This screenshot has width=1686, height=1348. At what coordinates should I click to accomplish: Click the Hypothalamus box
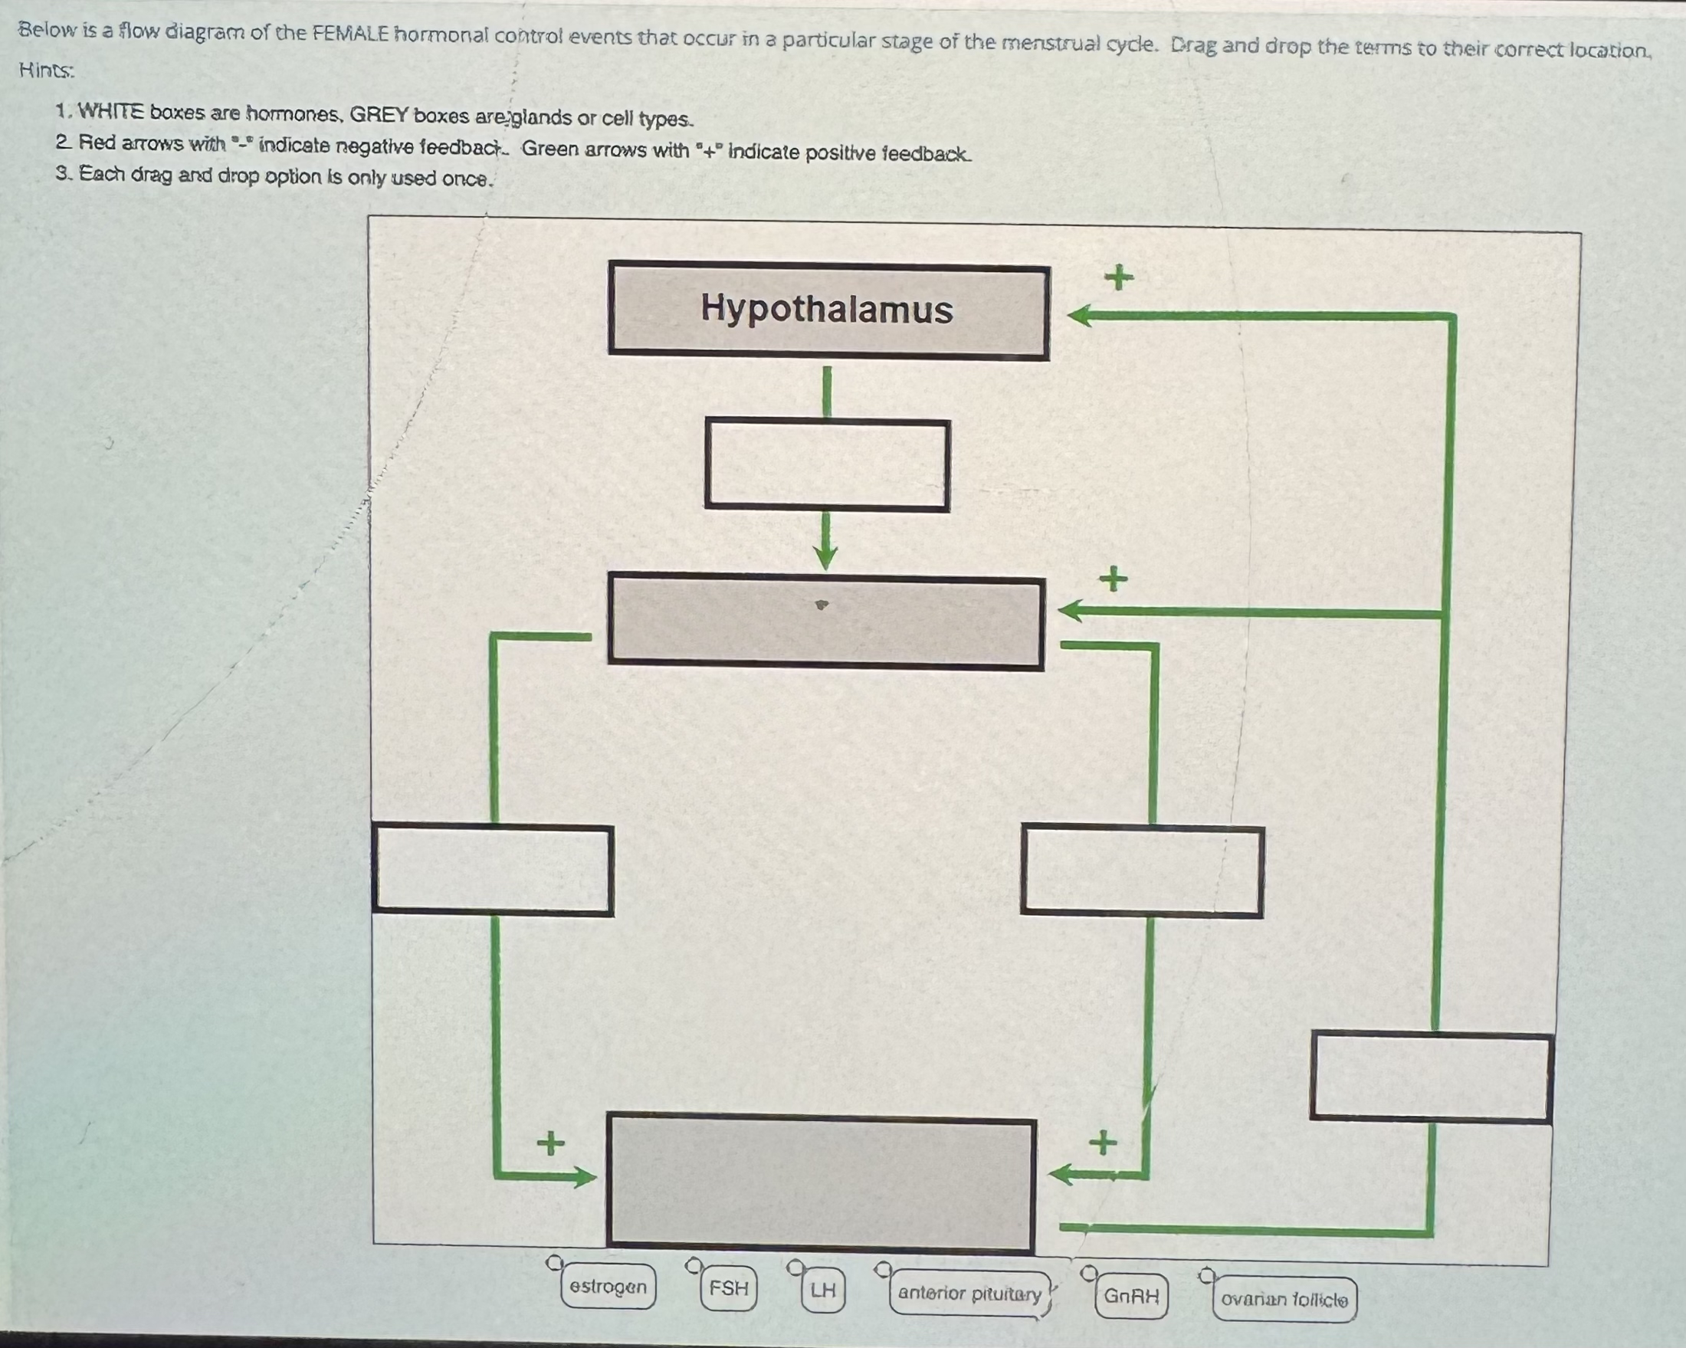pyautogui.click(x=828, y=310)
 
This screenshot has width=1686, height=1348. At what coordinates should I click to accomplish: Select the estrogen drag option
pyautogui.click(x=608, y=1286)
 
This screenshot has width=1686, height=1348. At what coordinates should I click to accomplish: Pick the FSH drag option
pyautogui.click(x=728, y=1287)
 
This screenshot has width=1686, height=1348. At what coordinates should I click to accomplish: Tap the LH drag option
pyautogui.click(x=822, y=1289)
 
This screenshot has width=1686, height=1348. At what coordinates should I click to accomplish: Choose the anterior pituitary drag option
pyautogui.click(x=969, y=1294)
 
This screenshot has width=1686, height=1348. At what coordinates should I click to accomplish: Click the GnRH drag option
pyautogui.click(x=1131, y=1297)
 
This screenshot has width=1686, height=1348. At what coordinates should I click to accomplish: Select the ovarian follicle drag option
pyautogui.click(x=1284, y=1300)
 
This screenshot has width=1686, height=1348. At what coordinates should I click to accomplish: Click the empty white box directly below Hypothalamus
pyautogui.click(x=828, y=465)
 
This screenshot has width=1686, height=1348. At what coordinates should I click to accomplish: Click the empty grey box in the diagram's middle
pyautogui.click(x=826, y=622)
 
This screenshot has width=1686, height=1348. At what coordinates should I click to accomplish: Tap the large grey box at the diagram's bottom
pyautogui.click(x=821, y=1184)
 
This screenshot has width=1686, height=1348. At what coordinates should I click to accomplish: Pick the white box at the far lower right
pyautogui.click(x=1430, y=1077)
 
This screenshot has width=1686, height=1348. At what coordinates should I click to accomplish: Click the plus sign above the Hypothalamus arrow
pyautogui.click(x=1119, y=277)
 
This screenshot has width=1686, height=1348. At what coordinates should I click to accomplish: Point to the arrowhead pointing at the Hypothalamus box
pyautogui.click(x=1079, y=316)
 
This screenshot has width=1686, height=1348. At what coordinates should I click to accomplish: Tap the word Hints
pyautogui.click(x=46, y=71)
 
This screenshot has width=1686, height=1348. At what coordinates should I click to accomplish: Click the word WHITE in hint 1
pyautogui.click(x=110, y=112)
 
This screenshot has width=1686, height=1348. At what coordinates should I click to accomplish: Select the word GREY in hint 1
pyautogui.click(x=379, y=115)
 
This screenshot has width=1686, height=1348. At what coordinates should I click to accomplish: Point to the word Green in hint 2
pyautogui.click(x=551, y=149)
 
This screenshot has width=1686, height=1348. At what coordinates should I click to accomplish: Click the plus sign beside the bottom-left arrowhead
pyautogui.click(x=550, y=1143)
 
